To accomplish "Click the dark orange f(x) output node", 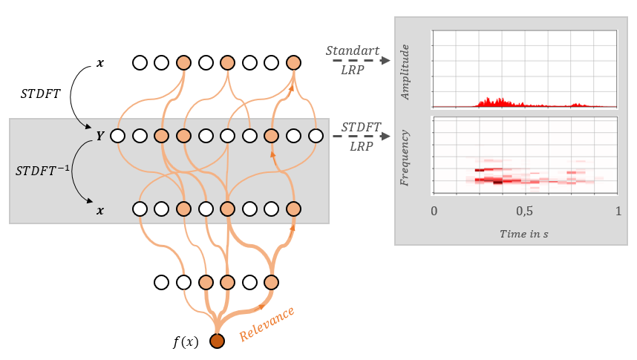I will tap(217, 341).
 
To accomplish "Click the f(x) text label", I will tap(186, 341).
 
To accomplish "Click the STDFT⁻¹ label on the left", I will tap(41, 171).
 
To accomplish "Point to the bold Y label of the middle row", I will tap(99, 136).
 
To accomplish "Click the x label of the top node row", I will tap(100, 63).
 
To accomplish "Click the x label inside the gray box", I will tap(100, 210).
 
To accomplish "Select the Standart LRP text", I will tap(353, 58).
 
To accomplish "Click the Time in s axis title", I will tap(525, 233).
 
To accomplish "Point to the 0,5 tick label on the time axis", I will tap(525, 210).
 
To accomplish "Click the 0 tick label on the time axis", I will tap(434, 210).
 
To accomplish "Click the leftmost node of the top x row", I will tap(139, 62).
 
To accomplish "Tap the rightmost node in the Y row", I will tap(316, 136).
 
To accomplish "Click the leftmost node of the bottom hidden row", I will tap(161, 282).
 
